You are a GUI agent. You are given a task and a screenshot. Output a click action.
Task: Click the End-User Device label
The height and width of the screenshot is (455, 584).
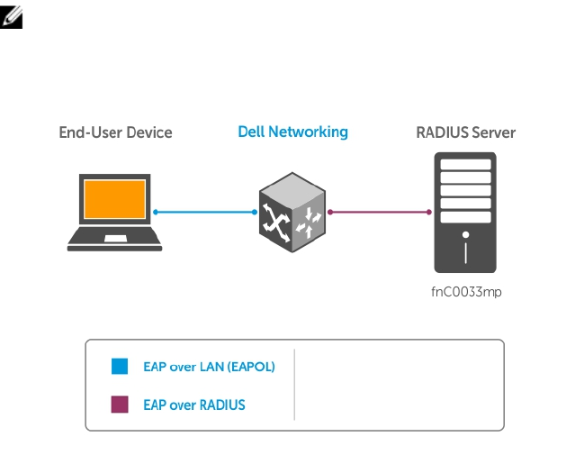pyautogui.click(x=115, y=132)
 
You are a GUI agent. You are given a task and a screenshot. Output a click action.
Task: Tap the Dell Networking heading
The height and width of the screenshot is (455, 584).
pyautogui.click(x=292, y=132)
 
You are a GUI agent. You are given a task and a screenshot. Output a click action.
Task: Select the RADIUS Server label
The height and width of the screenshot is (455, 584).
pyautogui.click(x=465, y=132)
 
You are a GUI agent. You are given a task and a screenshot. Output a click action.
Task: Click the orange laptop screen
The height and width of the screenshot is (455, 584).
pyautogui.click(x=114, y=201)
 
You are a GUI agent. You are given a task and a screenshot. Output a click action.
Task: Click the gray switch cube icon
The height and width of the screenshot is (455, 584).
pyautogui.click(x=292, y=213)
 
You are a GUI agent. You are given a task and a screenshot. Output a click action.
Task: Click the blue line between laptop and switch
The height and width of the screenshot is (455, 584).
pyautogui.click(x=205, y=212)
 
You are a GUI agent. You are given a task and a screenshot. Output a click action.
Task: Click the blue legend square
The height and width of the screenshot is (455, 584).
pyautogui.click(x=120, y=367)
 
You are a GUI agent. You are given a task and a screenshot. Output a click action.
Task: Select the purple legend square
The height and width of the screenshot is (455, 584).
pyautogui.click(x=120, y=405)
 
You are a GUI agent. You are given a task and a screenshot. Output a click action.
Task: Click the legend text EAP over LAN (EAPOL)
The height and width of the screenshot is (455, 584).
pyautogui.click(x=209, y=367)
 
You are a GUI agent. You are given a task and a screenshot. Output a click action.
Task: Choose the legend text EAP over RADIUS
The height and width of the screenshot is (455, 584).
pyautogui.click(x=193, y=405)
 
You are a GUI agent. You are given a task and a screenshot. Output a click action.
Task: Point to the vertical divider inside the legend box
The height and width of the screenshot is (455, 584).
pyautogui.click(x=294, y=385)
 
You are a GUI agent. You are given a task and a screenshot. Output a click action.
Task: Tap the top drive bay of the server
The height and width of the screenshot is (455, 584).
pyautogui.click(x=465, y=165)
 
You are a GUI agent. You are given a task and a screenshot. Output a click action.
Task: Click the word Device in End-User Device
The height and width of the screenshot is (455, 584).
pyautogui.click(x=149, y=132)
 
